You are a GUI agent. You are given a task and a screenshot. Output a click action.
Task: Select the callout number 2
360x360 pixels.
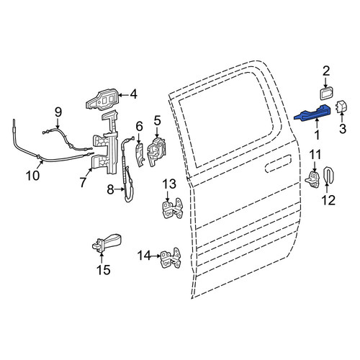click(x=326, y=71)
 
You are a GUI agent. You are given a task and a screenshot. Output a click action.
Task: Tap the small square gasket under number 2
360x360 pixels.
click(x=326, y=94)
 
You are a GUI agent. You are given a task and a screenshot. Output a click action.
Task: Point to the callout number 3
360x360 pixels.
click(x=343, y=129)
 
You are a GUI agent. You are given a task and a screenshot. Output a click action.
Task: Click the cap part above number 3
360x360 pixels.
click(x=341, y=107)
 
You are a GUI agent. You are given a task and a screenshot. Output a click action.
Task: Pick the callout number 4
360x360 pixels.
click(x=133, y=94)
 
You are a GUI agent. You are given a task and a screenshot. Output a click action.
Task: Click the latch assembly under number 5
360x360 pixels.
click(x=157, y=152)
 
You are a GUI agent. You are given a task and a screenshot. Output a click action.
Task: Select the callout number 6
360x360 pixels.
click(x=139, y=127)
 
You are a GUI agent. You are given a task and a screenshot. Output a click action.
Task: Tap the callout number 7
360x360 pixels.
click(x=83, y=182)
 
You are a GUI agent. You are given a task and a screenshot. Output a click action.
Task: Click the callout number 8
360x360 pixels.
click(x=110, y=190)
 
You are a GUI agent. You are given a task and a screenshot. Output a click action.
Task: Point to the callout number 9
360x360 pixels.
click(x=58, y=112)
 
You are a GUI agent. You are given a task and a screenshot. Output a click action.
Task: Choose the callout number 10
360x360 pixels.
click(x=33, y=176)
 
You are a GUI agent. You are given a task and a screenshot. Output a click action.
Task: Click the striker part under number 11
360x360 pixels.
click(x=312, y=179)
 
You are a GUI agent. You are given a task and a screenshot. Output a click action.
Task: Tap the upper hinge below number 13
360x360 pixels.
click(x=172, y=208)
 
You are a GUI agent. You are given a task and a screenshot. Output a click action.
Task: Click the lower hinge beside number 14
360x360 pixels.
click(x=171, y=258)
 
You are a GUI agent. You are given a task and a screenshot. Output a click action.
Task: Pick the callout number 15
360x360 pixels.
click(x=103, y=270)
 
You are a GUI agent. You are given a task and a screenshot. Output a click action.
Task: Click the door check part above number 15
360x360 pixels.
click(x=107, y=243)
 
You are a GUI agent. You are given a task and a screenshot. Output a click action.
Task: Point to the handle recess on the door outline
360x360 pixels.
click(x=278, y=163)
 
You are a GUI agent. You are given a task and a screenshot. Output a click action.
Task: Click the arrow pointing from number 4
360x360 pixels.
click(x=123, y=95)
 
